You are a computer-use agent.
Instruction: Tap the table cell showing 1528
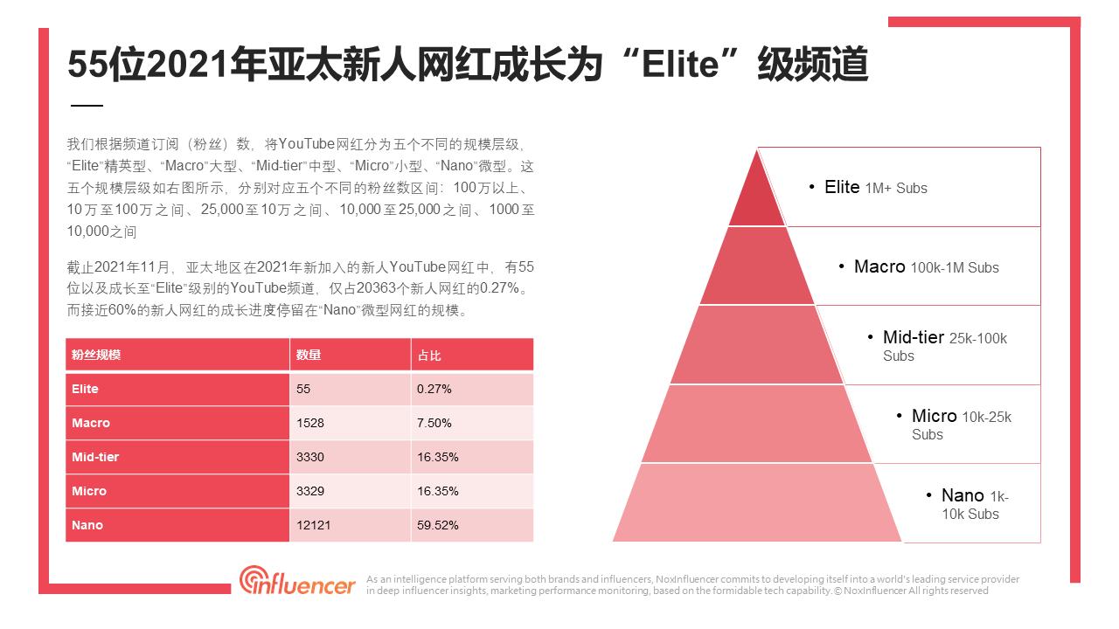309,423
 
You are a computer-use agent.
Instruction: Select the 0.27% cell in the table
434,389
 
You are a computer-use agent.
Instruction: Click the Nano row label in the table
87,525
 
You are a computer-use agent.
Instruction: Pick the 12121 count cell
313,525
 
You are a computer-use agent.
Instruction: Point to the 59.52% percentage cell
437,525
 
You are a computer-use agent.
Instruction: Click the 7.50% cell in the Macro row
434,423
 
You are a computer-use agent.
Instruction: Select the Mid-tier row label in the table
95,457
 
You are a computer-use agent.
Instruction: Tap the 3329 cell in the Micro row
309,491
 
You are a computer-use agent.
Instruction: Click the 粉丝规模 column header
96,356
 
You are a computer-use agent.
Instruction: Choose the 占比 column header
429,356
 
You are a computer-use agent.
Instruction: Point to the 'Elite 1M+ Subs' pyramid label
875,188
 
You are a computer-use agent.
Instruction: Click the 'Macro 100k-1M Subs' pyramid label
926,267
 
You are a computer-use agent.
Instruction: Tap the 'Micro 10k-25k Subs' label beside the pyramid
961,425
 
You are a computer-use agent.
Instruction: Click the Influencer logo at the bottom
298,581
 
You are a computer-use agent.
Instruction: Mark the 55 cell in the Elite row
303,389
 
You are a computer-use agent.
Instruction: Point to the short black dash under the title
86,106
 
